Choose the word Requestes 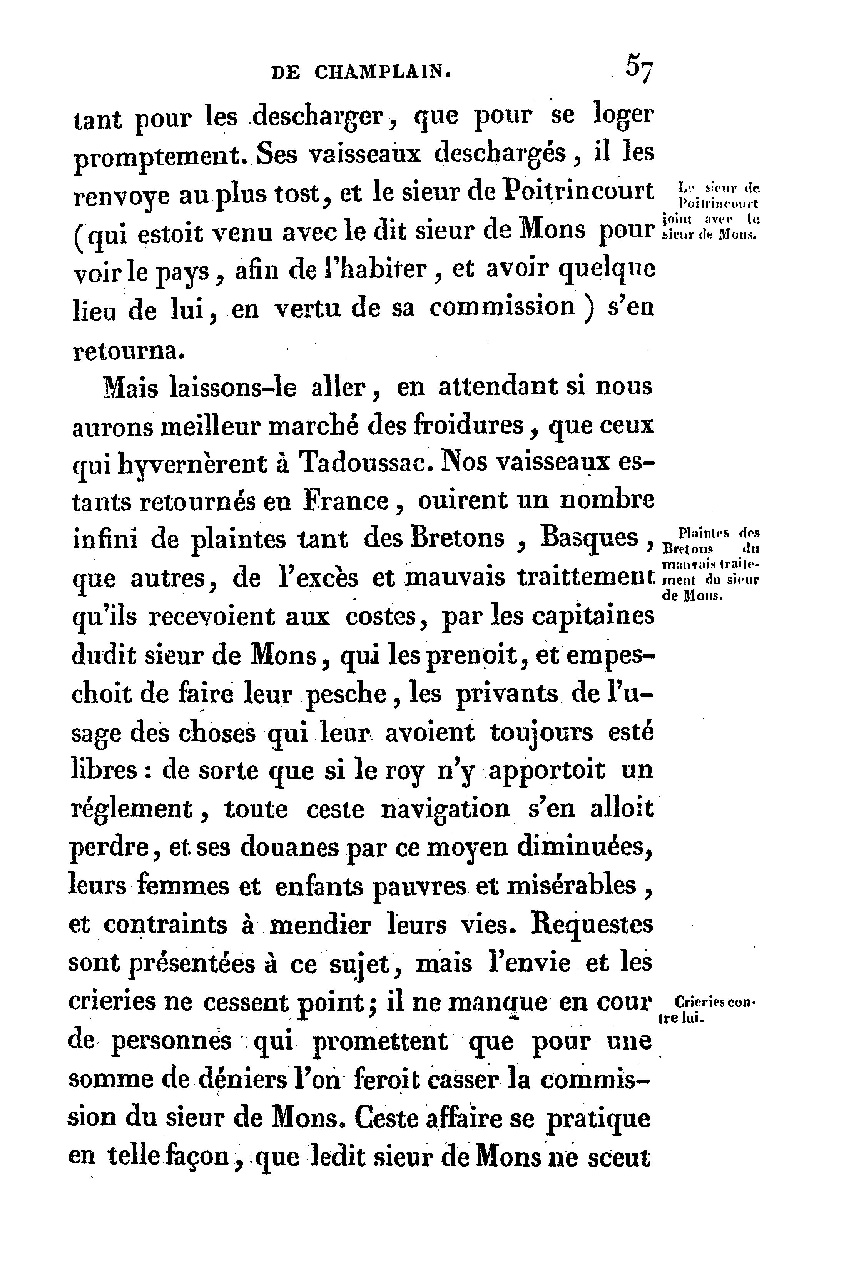tap(592, 925)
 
